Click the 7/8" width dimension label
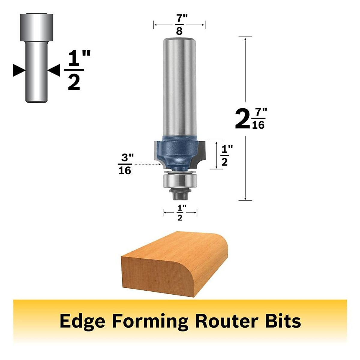coord(179,25)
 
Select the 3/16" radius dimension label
coord(125,164)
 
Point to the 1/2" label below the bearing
coord(180,213)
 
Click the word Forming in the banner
coord(150,321)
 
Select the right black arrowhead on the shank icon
coord(55,70)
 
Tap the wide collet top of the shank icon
coord(37,27)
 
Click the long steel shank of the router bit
coord(179,87)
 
